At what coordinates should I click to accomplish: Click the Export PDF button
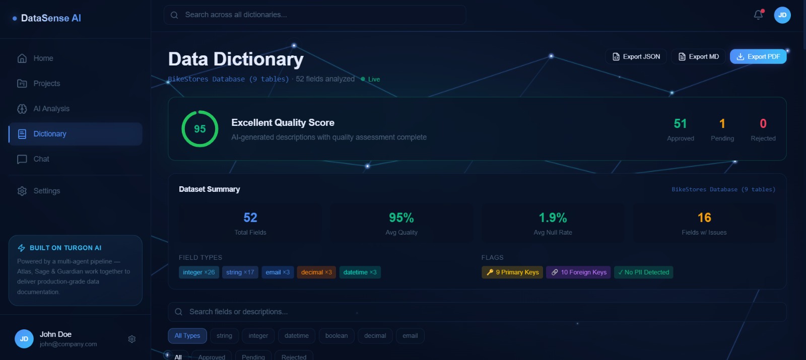(x=758, y=57)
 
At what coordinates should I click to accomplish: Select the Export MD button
(x=698, y=57)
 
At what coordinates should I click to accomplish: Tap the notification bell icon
(x=758, y=15)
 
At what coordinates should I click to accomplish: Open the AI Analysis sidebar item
(x=51, y=109)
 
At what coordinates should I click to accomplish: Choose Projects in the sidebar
(x=46, y=84)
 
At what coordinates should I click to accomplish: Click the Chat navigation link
(x=41, y=159)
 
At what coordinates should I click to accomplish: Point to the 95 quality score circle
(x=200, y=129)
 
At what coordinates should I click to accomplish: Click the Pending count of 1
(x=722, y=124)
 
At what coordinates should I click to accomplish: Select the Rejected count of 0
(x=763, y=124)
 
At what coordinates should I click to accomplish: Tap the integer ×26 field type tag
(x=198, y=272)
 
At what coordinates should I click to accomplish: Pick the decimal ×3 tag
(x=316, y=272)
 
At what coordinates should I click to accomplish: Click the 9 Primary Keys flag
(x=512, y=272)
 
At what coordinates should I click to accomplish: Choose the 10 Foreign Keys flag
(x=578, y=272)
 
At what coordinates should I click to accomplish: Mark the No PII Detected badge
(x=643, y=272)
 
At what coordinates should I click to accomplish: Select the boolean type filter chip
(x=336, y=336)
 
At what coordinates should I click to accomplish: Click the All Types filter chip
(x=187, y=336)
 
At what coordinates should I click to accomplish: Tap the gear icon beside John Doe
(x=132, y=339)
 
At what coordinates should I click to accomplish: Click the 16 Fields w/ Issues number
(x=704, y=218)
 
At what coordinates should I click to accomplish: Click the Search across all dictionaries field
(x=315, y=15)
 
